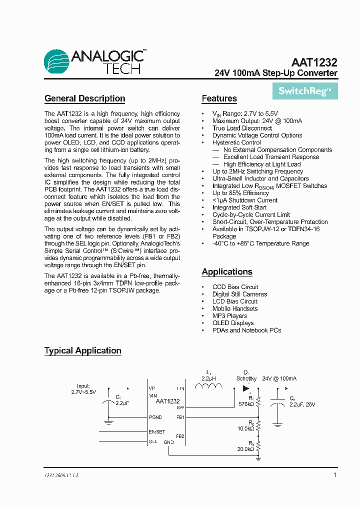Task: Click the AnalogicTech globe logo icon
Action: pyautogui.click(x=57, y=61)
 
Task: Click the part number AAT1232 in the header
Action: pyautogui.click(x=314, y=63)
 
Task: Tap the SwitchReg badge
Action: pyautogui.click(x=304, y=91)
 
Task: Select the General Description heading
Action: pyautogui.click(x=84, y=98)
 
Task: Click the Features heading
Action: pyautogui.click(x=219, y=98)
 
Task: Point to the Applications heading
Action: pyautogui.click(x=227, y=272)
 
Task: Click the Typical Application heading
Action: pyautogui.click(x=82, y=350)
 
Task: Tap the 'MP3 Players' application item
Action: pyautogui.click(x=229, y=316)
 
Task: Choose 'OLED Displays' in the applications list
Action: pyautogui.click(x=232, y=323)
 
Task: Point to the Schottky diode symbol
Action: pyautogui.click(x=245, y=388)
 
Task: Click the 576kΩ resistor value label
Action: pyautogui.click(x=246, y=403)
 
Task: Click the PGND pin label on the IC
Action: pyautogui.click(x=155, y=416)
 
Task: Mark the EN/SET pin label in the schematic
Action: pyautogui.click(x=156, y=431)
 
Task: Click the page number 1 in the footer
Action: pyautogui.click(x=334, y=475)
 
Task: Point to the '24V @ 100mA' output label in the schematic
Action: pyautogui.click(x=279, y=378)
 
